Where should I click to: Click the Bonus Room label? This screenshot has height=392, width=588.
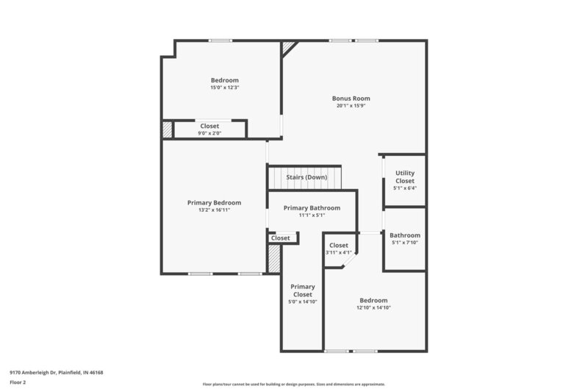pos(351,98)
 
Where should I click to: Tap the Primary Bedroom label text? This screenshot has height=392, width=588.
pos(214,202)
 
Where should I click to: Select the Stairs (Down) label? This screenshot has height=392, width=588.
pos(306,177)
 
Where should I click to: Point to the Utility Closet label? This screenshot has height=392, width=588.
pos(405,177)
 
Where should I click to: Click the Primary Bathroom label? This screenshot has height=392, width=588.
pos(312,208)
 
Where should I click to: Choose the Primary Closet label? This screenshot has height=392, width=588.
pos(302,291)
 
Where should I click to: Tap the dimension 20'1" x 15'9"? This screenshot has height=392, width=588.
pos(351,106)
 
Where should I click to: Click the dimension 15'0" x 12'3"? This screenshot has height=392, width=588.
pos(224,88)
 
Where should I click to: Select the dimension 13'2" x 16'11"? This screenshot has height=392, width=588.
pos(214,210)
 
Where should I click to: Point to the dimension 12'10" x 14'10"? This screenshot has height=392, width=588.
pos(373,307)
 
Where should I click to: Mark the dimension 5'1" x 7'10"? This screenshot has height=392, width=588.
pos(404,243)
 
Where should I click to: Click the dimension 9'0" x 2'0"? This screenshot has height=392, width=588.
pos(209,134)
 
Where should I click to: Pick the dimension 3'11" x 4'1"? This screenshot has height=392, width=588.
pos(338,253)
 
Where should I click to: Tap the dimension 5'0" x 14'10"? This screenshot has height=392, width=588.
pos(302,302)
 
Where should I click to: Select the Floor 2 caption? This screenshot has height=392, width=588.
pos(18,382)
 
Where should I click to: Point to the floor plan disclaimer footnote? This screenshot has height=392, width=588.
pos(293,384)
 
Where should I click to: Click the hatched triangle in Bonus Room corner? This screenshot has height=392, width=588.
pos(288,46)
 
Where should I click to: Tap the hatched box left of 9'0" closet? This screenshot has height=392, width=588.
pos(168,129)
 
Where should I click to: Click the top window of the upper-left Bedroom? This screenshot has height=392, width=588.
pos(220,40)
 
